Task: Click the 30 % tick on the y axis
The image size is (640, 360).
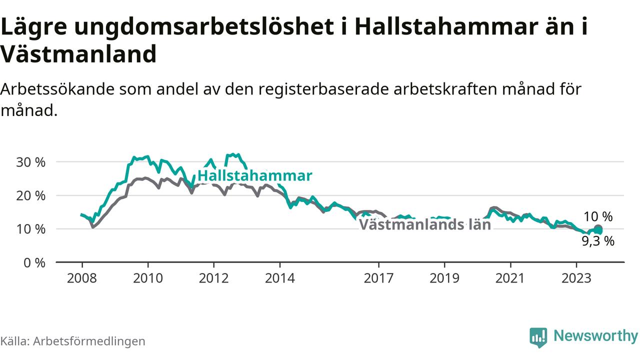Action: click(30, 162)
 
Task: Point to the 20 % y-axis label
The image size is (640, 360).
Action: click(30, 195)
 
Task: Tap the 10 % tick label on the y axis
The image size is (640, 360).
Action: click(30, 229)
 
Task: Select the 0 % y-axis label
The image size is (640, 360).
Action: click(34, 263)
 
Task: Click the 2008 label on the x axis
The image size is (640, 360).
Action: click(82, 278)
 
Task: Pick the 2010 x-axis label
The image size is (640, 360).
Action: click(148, 278)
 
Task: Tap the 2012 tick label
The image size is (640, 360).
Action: click(213, 278)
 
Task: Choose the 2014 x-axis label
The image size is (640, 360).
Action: click(280, 278)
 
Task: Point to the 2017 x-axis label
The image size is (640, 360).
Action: click(378, 278)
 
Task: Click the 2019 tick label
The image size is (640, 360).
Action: click(444, 278)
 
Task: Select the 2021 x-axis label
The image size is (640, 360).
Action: click(510, 278)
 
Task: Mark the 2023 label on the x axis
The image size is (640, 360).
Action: click(576, 278)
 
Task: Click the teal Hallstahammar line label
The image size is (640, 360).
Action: click(255, 175)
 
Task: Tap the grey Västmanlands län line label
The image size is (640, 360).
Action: click(425, 224)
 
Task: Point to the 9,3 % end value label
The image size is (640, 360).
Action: click(598, 241)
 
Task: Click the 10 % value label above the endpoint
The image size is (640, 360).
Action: click(598, 216)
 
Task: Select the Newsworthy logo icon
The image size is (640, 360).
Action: click(538, 337)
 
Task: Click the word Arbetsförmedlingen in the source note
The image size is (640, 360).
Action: click(89, 341)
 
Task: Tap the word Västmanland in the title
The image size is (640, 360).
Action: click(78, 54)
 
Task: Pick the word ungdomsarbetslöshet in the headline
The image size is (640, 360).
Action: click(204, 26)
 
